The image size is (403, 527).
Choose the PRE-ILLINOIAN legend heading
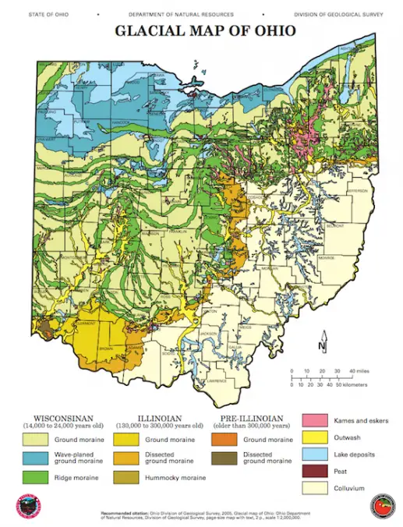[249, 417]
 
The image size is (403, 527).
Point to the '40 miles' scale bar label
[359, 371]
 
